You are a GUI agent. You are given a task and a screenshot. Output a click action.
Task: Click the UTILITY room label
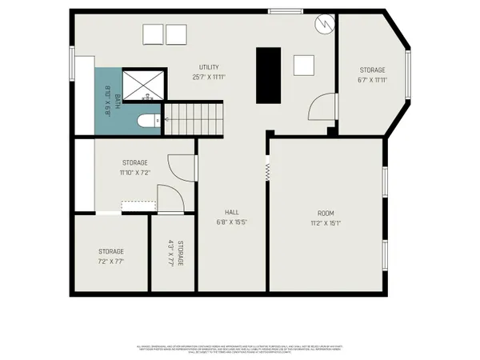point(210,67)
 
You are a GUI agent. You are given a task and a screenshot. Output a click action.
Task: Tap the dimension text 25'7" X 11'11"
point(210,77)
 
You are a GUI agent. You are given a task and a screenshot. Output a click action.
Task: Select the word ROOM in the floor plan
point(326,213)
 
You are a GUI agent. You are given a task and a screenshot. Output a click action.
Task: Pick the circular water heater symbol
point(323,24)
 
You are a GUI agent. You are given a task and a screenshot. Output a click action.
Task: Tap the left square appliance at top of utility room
point(153,35)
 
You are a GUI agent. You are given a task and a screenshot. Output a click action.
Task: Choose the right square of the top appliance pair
point(176,35)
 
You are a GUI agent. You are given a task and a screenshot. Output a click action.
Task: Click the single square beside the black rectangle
point(303,66)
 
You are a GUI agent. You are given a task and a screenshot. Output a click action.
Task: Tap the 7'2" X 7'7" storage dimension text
point(111,261)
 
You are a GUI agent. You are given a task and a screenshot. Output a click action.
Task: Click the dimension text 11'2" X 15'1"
point(326,223)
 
